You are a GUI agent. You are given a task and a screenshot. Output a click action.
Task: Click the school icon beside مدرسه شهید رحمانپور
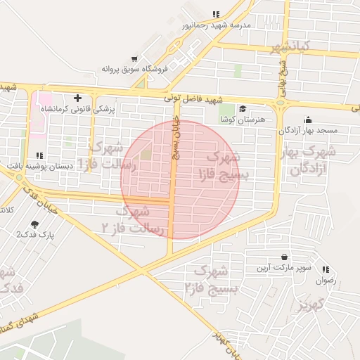[x=216, y=14]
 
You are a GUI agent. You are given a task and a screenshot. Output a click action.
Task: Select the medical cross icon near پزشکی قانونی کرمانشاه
[x=77, y=98]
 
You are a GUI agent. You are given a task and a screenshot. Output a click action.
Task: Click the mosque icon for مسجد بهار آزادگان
[x=307, y=120]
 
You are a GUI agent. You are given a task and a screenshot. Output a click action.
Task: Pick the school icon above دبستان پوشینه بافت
[x=39, y=155]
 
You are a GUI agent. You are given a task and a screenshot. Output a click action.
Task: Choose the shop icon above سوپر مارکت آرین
[x=284, y=257]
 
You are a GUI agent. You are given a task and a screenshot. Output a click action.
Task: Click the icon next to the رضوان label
[x=326, y=269]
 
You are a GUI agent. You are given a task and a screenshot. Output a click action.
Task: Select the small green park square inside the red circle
[x=146, y=154]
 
